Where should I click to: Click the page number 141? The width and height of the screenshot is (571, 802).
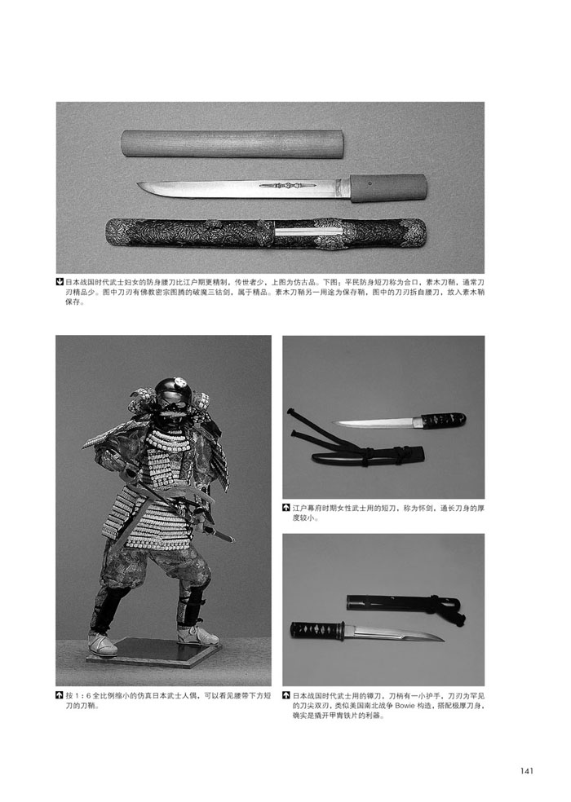[526, 770]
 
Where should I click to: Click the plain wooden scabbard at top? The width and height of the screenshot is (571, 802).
[232, 143]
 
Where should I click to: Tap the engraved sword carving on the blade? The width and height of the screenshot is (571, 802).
[283, 185]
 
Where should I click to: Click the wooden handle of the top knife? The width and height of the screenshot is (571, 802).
[388, 188]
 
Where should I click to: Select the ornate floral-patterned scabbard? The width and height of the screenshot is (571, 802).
[265, 233]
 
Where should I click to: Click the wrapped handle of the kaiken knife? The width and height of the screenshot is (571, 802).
[444, 421]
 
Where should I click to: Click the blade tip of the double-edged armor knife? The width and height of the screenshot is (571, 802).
[441, 639]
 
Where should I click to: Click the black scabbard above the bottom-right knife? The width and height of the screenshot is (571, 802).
[405, 604]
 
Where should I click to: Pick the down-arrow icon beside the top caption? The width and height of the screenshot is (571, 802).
[60, 282]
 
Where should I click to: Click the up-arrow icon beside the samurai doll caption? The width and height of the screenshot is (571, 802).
[60, 696]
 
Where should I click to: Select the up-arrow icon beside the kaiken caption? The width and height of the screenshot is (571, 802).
[286, 508]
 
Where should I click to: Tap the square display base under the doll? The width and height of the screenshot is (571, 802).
[153, 652]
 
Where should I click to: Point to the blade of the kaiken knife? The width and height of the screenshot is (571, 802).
[376, 423]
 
